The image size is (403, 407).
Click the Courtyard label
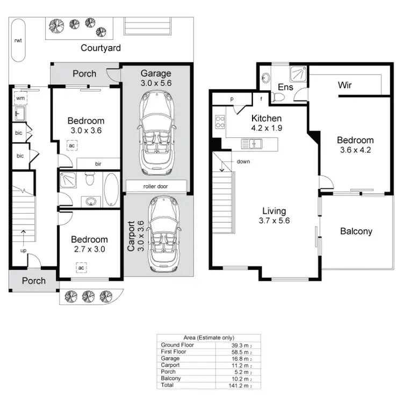(x=100, y=48)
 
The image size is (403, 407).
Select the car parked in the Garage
(x=156, y=133)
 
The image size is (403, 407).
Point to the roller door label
(x=156, y=186)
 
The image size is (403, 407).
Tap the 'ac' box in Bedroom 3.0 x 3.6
(x=71, y=144)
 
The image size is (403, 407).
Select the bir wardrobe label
(x=99, y=163)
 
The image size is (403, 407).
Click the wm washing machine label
(x=20, y=98)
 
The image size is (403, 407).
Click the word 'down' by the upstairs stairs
(x=242, y=161)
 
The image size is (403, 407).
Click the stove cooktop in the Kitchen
(x=219, y=122)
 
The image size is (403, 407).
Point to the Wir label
(x=344, y=85)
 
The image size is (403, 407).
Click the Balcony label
(x=356, y=231)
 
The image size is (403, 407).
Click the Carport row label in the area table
(x=170, y=365)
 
